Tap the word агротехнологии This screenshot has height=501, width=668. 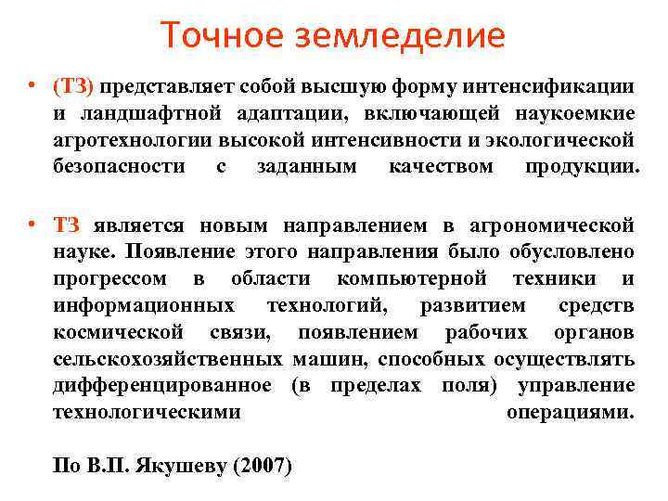tap(132, 140)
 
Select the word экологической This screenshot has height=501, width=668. tap(570, 140)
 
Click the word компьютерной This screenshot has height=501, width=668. tap(413, 278)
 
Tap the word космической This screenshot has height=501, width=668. tap(116, 332)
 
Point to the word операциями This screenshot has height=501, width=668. tap(571, 412)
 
